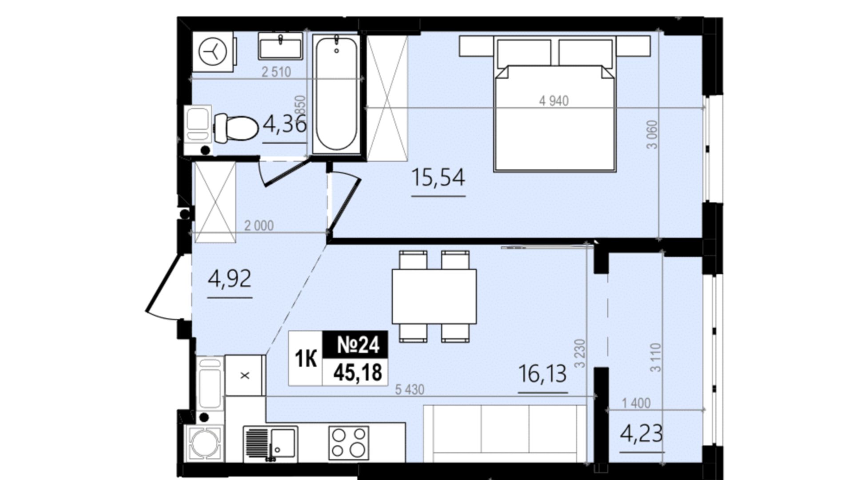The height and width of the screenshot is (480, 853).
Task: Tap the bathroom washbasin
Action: [280, 47]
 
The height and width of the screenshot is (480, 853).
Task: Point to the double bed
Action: [555, 104]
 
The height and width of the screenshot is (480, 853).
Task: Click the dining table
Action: [434, 296]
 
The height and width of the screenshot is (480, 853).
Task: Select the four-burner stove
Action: [349, 443]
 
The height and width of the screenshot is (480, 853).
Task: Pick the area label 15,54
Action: [438, 177]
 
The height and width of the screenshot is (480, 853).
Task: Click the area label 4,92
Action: [230, 279]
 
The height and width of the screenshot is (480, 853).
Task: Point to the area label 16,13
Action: [543, 373]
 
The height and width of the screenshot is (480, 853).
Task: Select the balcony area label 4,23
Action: [642, 433]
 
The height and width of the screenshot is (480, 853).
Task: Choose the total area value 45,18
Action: [358, 372]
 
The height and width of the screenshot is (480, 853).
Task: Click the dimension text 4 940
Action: [554, 101]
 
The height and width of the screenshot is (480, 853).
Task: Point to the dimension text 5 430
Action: [410, 390]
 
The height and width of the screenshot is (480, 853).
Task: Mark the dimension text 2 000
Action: [259, 226]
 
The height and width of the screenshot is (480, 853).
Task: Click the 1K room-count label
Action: [306, 359]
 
